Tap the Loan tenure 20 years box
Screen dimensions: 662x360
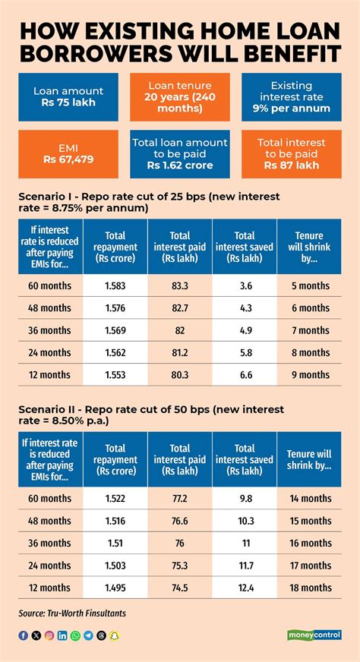179,96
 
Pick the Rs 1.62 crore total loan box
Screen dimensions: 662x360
179,154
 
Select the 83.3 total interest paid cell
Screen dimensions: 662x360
179,285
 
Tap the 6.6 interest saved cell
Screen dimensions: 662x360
245,375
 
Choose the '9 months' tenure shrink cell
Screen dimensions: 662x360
309,375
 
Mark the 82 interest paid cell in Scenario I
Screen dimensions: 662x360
179,330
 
